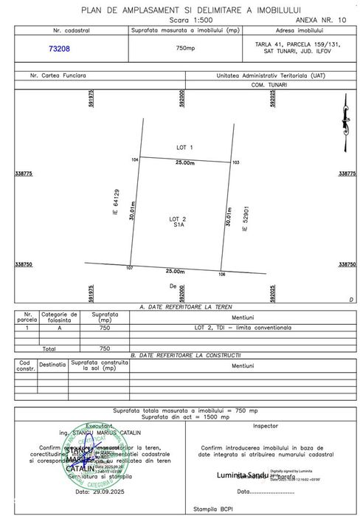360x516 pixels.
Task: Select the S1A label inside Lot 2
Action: tap(179, 227)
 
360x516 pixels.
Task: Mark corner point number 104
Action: tap(135, 159)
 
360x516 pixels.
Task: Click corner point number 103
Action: tap(236, 162)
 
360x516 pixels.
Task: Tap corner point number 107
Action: tap(129, 267)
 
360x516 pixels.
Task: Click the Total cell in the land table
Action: tap(49, 348)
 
